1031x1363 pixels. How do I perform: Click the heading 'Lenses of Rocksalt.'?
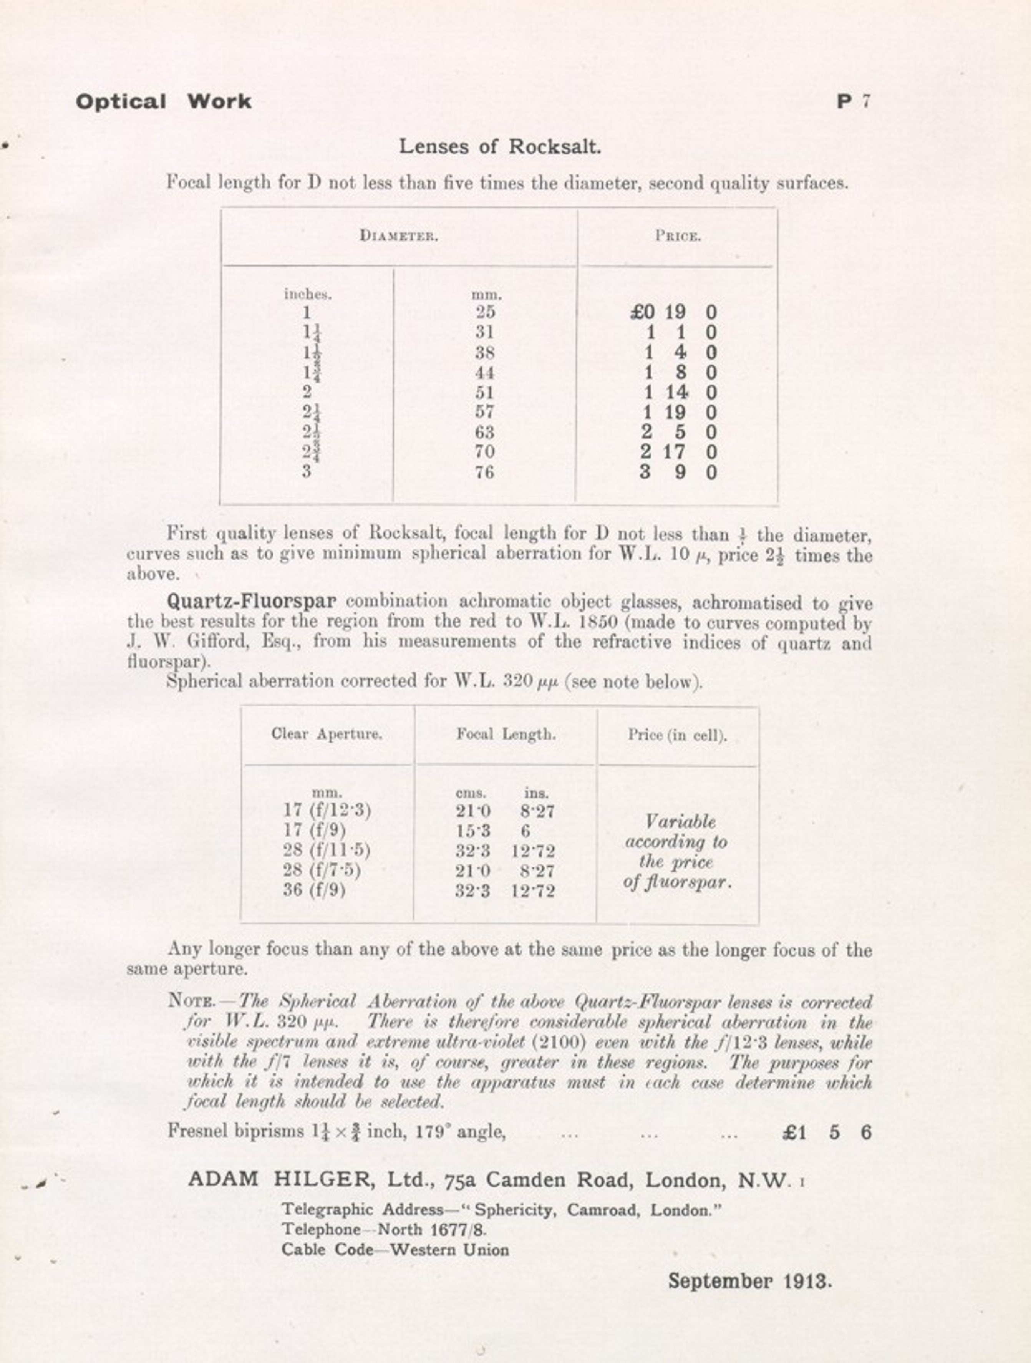500,147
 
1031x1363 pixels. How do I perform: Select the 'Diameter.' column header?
399,236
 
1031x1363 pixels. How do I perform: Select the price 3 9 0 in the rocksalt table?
678,473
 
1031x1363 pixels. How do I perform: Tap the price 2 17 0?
678,452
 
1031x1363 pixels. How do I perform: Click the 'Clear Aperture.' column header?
327,735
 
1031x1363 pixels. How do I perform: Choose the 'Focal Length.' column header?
506,735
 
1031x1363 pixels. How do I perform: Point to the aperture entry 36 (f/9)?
314,890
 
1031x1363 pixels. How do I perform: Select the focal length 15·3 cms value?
473,831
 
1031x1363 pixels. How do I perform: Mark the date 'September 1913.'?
750,1281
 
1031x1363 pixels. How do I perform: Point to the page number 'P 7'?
853,102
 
